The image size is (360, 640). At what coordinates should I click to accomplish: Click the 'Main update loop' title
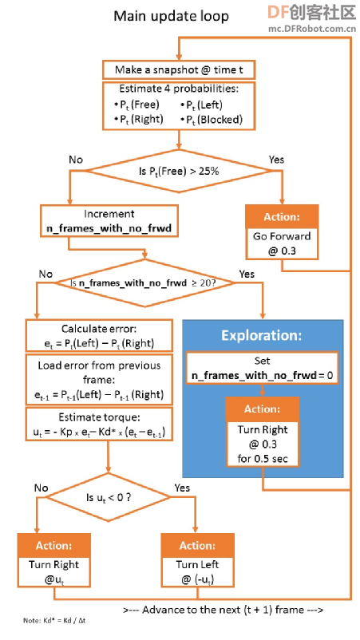(x=171, y=16)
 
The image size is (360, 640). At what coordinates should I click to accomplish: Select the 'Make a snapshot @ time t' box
(x=179, y=69)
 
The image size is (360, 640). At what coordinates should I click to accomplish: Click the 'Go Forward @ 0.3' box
(x=282, y=243)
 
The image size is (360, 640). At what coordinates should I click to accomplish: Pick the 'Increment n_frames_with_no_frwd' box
(x=109, y=221)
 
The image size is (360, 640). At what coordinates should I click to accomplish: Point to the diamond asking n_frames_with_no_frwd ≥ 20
(x=145, y=282)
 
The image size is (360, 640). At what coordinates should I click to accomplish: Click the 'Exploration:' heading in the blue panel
(x=262, y=335)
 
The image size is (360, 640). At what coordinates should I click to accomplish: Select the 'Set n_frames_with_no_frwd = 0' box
(x=262, y=367)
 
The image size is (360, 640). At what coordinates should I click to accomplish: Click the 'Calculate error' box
(x=99, y=336)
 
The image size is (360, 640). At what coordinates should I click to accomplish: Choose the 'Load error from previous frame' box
(x=99, y=380)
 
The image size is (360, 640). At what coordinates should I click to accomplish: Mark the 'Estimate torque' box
(x=99, y=425)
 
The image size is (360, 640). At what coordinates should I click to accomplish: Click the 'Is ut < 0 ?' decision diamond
(x=109, y=497)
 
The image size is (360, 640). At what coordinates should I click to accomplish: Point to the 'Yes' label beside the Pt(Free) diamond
(x=276, y=159)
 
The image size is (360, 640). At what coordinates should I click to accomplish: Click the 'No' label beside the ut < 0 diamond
(x=42, y=488)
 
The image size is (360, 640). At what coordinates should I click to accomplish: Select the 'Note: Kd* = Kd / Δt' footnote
(x=54, y=620)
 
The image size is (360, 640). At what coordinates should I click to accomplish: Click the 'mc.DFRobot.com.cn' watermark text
(x=312, y=28)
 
